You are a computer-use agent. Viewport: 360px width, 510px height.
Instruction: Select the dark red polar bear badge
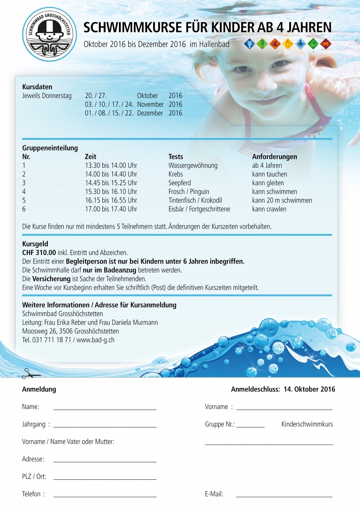[326, 43]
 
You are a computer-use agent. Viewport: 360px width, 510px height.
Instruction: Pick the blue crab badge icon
[249, 43]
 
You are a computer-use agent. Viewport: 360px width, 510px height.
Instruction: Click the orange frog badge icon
[275, 43]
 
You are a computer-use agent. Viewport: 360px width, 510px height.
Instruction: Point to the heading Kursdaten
[37, 87]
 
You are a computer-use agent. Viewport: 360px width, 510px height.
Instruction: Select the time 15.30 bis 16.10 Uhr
[111, 192]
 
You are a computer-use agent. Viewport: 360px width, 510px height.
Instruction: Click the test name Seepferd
[180, 183]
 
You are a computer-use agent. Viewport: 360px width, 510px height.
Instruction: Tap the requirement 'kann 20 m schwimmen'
[282, 200]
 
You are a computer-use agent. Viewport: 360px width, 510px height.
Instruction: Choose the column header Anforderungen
[274, 157]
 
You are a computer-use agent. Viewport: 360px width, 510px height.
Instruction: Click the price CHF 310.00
[39, 253]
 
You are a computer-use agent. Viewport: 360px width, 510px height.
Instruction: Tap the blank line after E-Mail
[284, 497]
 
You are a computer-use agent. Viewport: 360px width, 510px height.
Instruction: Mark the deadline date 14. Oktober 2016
[309, 389]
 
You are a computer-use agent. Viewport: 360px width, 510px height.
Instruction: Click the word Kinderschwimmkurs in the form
[307, 424]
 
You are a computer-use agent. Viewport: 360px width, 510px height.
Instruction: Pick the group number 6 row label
[24, 209]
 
